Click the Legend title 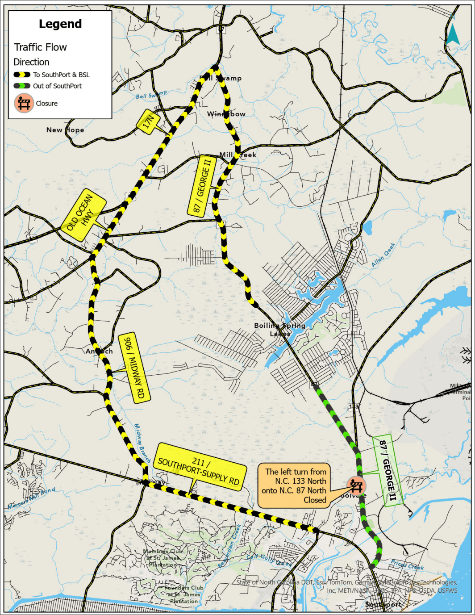pos(60,24)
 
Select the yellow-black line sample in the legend pos(22,75)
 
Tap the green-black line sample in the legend pos(22,86)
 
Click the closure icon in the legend pos(24,103)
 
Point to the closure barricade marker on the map pos(356,485)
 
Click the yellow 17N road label pos(148,121)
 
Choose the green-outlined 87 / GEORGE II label pos(387,470)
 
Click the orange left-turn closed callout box pos(296,485)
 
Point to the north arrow pos(453,34)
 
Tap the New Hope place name pos(65,130)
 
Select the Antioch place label pos(99,351)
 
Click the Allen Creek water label pos(383,255)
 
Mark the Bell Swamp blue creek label pos(151,95)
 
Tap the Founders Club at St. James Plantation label pos(183,594)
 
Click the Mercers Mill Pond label pos(32,498)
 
